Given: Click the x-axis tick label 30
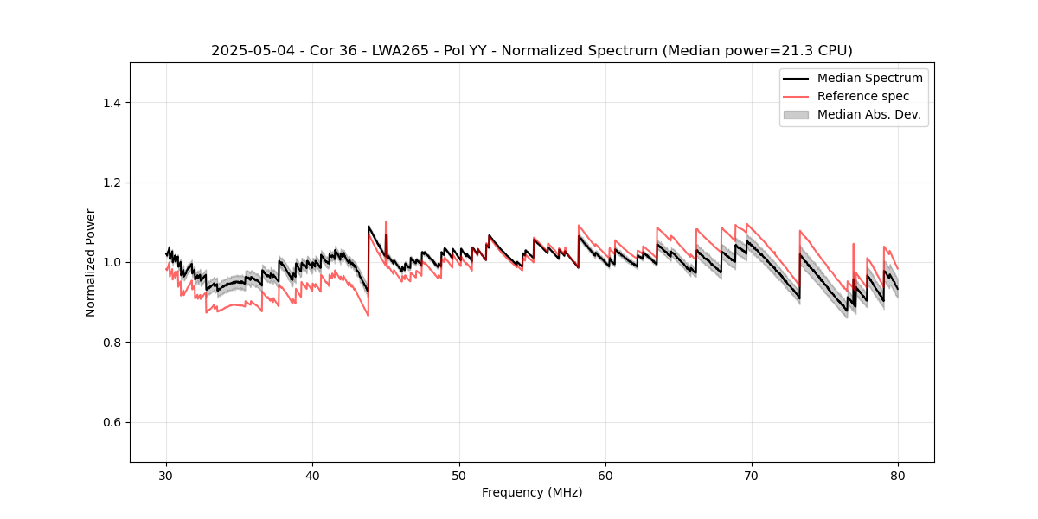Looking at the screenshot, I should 166,476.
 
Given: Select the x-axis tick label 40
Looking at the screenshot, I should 312,476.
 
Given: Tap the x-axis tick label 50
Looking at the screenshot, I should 459,476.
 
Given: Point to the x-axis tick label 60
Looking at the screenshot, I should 605,476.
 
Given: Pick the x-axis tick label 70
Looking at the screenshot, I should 752,476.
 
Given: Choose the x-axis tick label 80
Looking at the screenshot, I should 898,476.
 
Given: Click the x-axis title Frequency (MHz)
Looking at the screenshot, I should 532,493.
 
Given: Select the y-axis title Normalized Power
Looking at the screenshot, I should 91,262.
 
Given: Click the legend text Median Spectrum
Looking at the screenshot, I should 869,78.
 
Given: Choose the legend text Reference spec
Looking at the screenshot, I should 863,96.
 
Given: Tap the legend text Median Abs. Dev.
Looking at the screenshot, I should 868,114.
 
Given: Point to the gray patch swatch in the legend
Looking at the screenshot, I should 796,114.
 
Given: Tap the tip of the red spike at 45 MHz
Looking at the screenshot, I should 386,222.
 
